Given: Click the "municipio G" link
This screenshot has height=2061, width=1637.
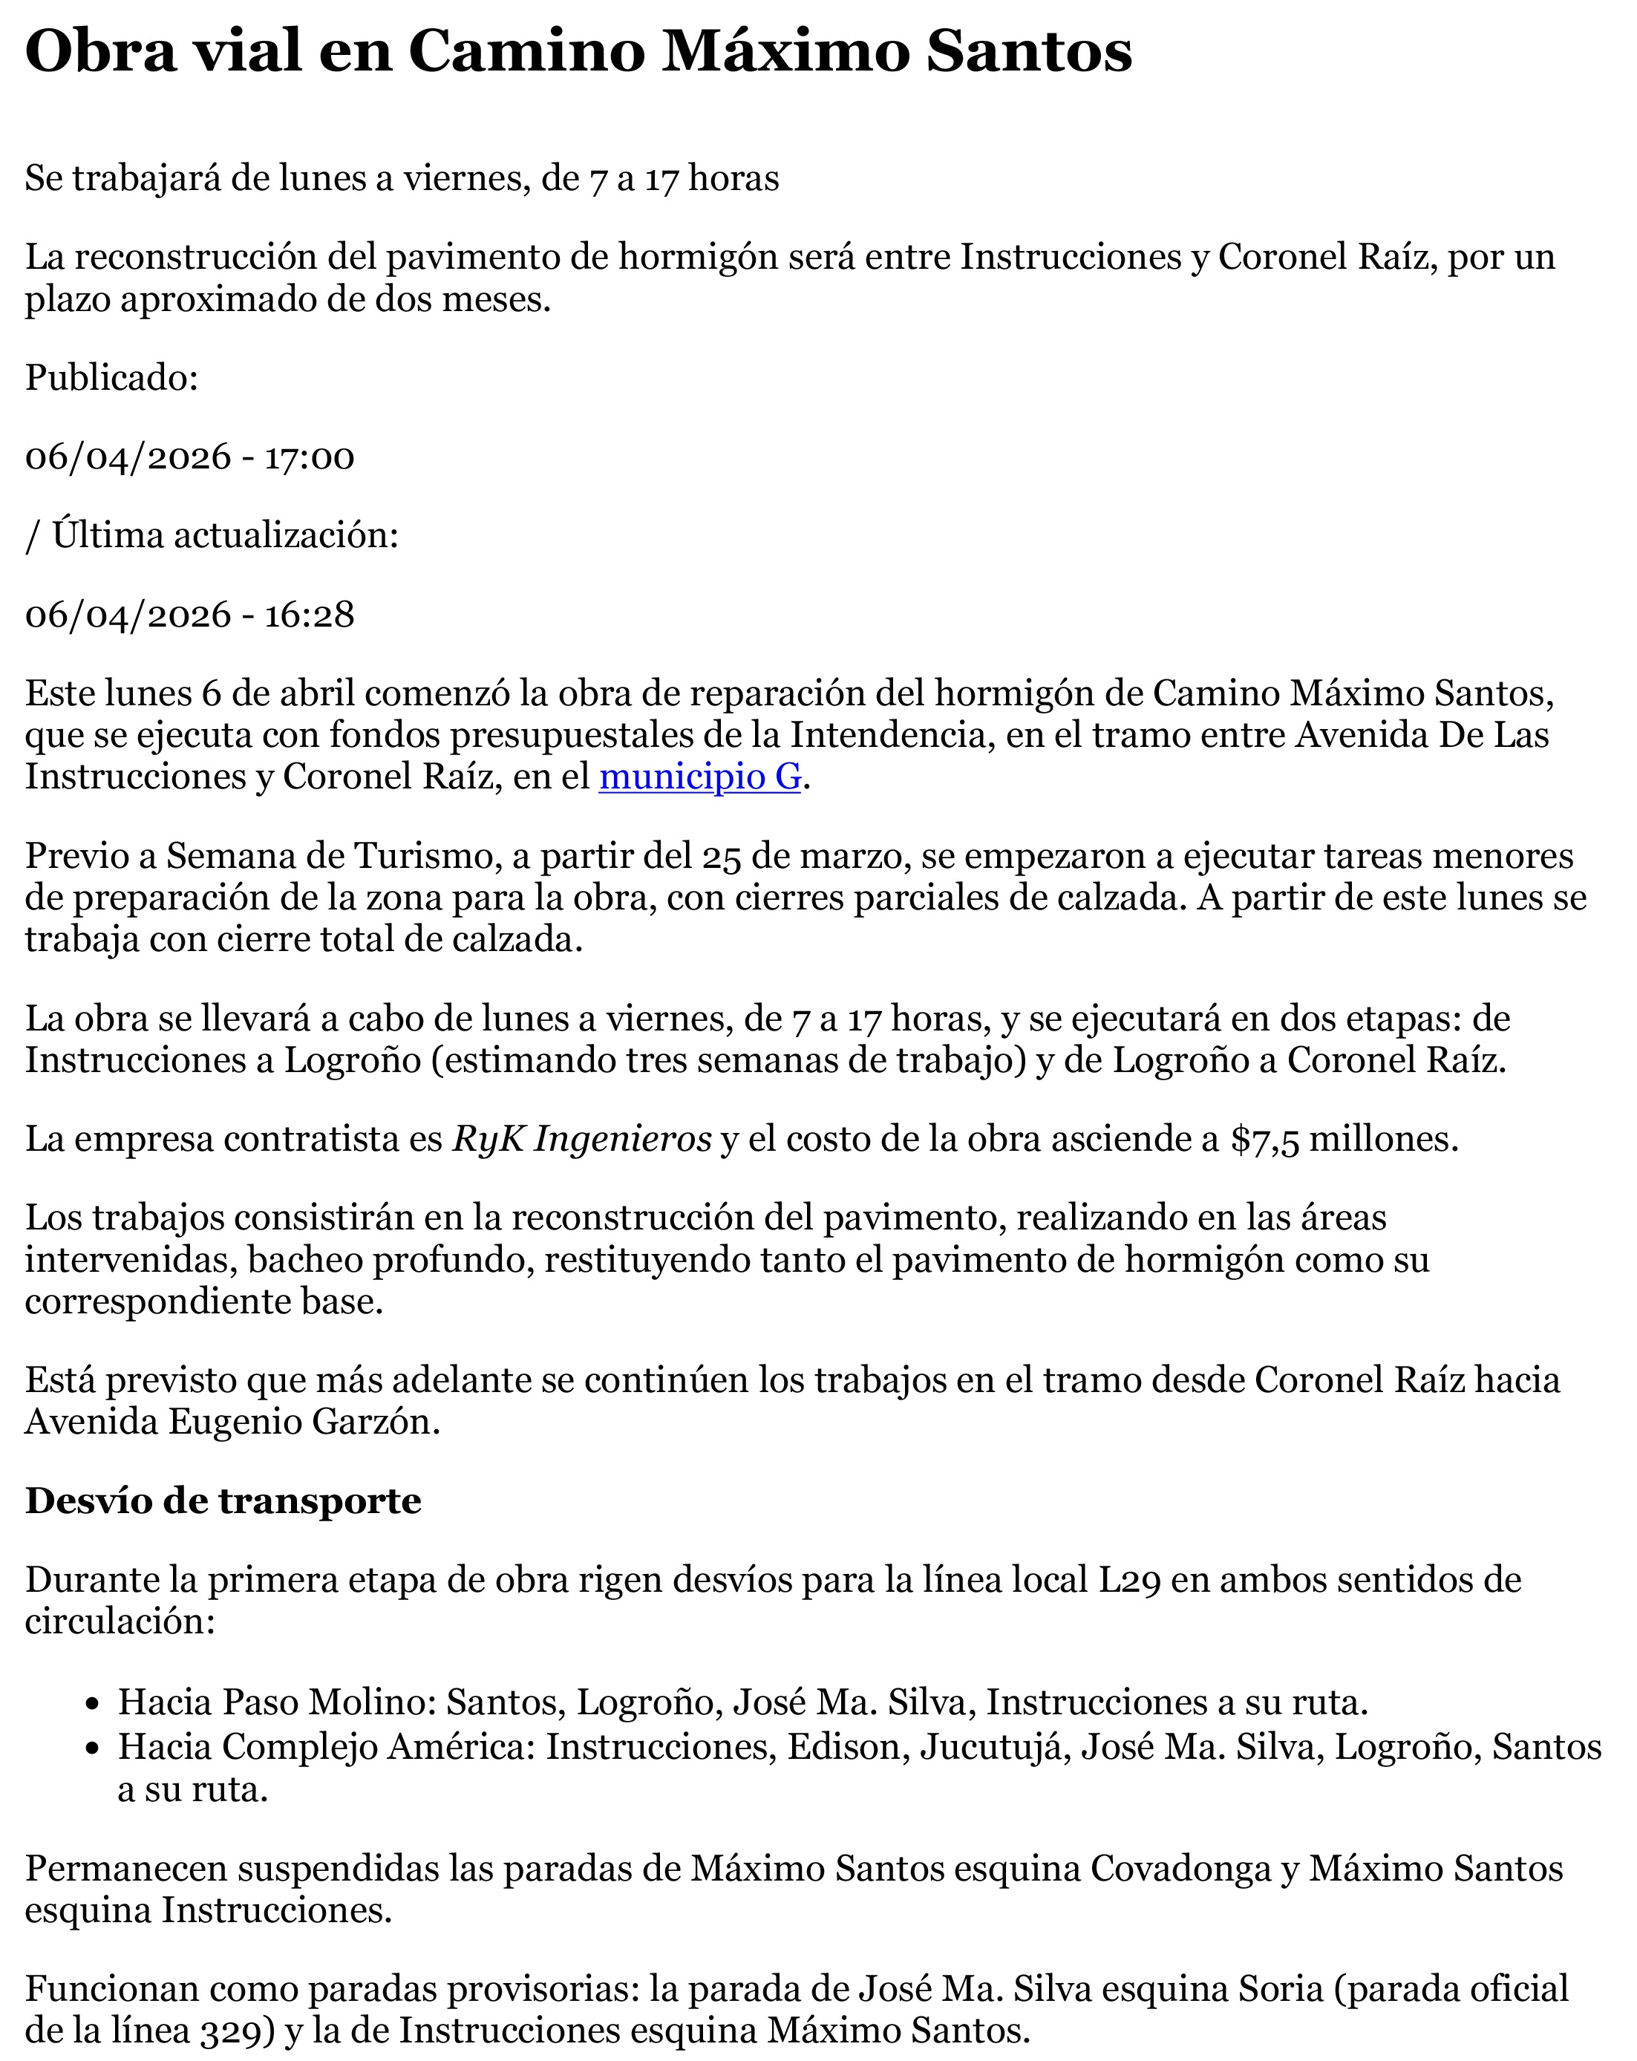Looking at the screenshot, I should [x=699, y=777].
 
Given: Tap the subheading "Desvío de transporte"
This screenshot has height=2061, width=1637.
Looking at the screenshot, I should [x=223, y=1500].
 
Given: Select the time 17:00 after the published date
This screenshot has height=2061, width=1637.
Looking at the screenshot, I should [x=309, y=457].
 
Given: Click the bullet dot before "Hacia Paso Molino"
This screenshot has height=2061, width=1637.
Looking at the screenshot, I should [x=92, y=1703].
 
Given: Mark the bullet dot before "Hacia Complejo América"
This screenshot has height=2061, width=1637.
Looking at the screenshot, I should [x=92, y=1748].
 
